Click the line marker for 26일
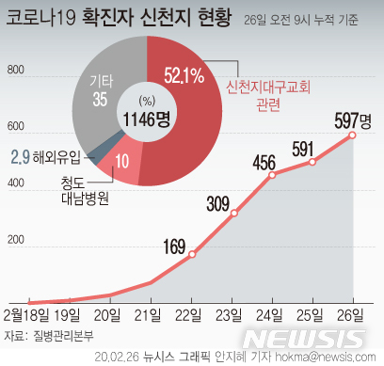pyautogui.click(x=353, y=135)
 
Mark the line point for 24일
pyautogui.click(x=273, y=175)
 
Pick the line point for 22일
pyautogui.click(x=192, y=254)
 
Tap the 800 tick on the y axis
pyautogui.click(x=14, y=71)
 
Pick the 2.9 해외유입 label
pyautogui.click(x=48, y=151)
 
